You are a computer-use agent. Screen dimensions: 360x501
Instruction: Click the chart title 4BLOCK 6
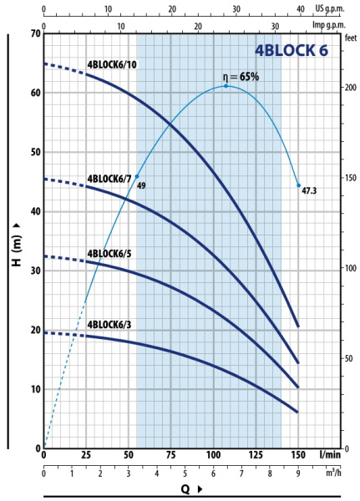click(292, 50)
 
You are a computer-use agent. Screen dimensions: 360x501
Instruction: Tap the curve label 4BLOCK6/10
click(112, 64)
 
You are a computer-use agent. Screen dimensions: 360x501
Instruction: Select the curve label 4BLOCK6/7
click(109, 179)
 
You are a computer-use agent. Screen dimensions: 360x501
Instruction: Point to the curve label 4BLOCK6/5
click(109, 253)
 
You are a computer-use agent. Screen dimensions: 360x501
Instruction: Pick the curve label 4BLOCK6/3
click(109, 325)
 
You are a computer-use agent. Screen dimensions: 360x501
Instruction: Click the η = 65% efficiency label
click(241, 77)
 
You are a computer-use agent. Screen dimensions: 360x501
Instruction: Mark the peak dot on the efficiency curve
click(226, 86)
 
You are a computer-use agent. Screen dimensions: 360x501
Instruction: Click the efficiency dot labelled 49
click(137, 176)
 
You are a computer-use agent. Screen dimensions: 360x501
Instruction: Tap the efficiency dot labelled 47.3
click(299, 185)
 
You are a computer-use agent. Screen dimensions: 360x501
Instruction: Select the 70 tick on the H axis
click(36, 33)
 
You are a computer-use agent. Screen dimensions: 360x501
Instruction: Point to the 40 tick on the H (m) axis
click(36, 211)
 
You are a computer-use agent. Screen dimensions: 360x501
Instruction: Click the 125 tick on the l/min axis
click(256, 455)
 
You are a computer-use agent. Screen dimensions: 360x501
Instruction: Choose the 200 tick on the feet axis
click(351, 87)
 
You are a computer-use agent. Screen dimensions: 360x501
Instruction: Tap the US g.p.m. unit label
click(330, 8)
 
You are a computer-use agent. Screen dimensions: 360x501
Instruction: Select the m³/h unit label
click(333, 473)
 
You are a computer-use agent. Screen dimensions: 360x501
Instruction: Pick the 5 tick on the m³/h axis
click(185, 473)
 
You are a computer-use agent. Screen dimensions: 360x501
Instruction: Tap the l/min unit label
click(330, 454)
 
